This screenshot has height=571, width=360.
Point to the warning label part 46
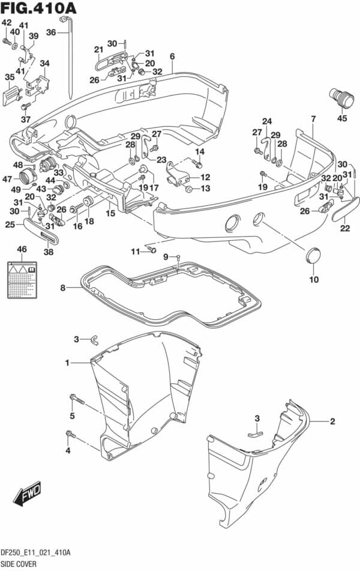point(22,275)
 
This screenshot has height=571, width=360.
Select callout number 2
point(332,421)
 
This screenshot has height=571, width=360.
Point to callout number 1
point(68,363)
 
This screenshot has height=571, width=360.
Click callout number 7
point(313,118)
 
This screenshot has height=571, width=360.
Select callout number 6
point(172,57)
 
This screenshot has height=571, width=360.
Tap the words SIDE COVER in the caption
point(19,565)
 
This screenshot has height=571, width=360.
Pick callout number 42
point(6,23)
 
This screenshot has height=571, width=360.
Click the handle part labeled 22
point(346,210)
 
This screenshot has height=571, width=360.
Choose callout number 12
point(205,177)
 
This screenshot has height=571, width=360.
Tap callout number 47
point(7,178)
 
